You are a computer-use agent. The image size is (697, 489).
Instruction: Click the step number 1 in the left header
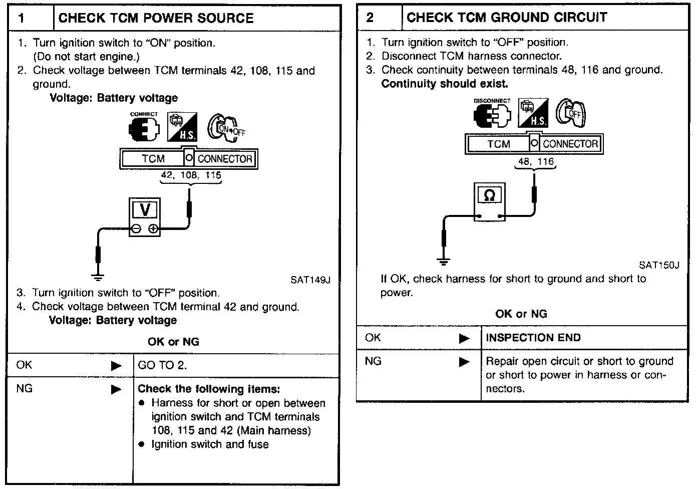21,19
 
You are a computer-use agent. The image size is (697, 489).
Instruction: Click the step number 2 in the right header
370,18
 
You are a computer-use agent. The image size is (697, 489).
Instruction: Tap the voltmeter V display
145,210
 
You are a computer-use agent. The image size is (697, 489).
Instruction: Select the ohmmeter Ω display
490,195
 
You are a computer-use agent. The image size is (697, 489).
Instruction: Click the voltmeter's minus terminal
136,229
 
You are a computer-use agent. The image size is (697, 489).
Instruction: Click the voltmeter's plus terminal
154,229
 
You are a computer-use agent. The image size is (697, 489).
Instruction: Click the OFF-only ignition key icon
571,113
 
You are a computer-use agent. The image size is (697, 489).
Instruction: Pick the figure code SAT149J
310,280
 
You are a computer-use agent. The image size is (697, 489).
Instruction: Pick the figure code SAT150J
659,265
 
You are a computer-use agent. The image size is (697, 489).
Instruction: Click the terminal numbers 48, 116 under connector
536,162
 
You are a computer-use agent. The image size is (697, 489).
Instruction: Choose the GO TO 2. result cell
162,365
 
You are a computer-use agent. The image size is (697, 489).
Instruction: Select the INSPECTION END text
533,338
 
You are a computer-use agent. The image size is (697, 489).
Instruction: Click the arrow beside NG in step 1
116,389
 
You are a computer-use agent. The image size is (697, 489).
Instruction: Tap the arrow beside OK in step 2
464,339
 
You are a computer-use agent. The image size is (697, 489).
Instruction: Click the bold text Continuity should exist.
444,84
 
